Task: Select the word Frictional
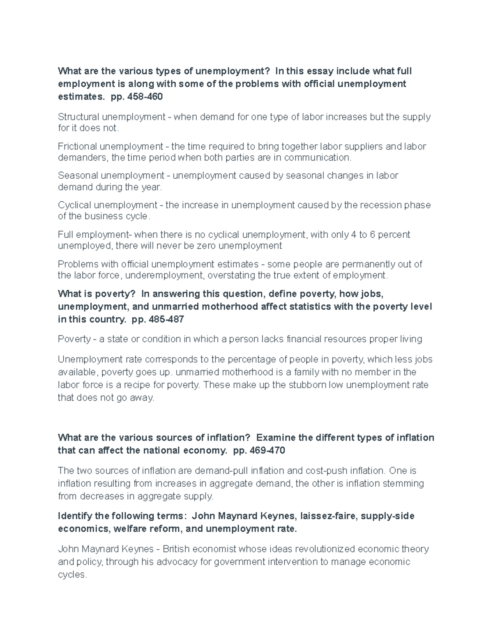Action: pyautogui.click(x=77, y=147)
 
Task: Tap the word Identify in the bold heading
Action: pyautogui.click(x=74, y=516)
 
